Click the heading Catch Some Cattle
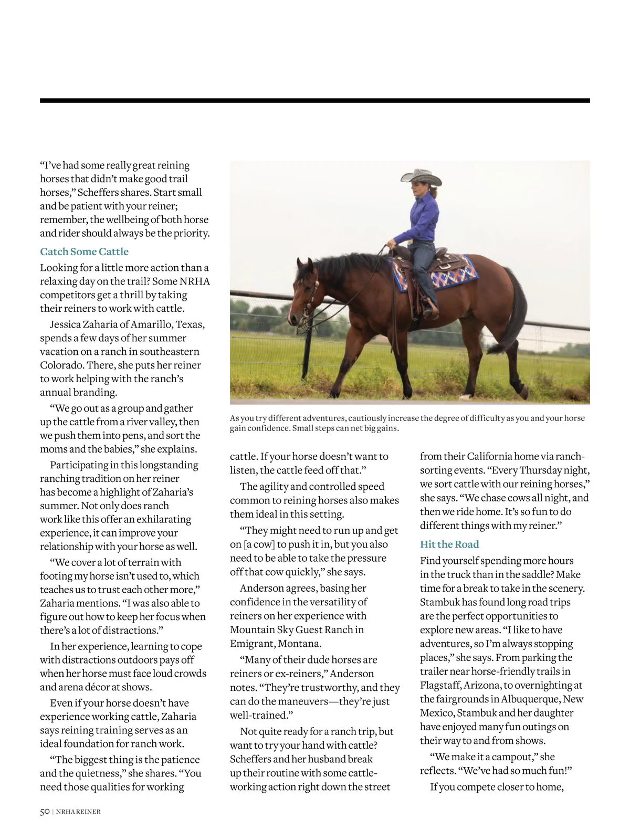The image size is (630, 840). pos(84,251)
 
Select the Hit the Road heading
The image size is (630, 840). pos(449,544)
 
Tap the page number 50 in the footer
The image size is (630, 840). pos(45,812)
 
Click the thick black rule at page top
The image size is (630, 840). pos(315,100)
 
